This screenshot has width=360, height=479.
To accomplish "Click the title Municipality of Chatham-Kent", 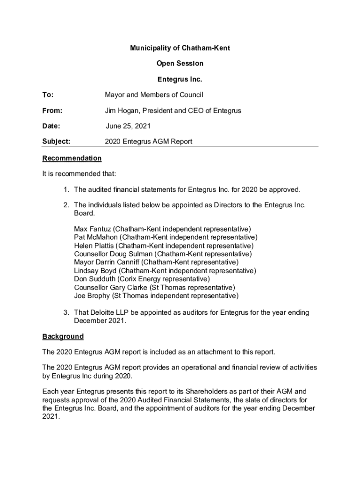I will tap(180, 48).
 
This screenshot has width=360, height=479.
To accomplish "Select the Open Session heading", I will tap(180, 64).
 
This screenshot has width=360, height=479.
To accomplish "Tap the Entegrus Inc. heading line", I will tap(180, 80).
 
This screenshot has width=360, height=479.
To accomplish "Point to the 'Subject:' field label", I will tap(56, 141).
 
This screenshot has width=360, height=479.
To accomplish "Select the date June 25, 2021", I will tap(128, 126).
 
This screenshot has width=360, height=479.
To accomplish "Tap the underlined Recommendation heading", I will tap(72, 158).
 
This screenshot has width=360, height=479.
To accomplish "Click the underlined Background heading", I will tap(63, 336).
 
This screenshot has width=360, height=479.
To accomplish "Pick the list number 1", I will tap(67, 190).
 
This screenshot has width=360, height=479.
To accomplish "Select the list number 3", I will tap(67, 312).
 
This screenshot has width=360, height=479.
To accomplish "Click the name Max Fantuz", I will tap(93, 229).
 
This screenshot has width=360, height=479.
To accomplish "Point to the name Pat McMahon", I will tap(96, 237).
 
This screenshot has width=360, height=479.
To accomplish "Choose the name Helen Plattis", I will tap(94, 246).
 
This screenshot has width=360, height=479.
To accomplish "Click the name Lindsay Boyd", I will tap(95, 271).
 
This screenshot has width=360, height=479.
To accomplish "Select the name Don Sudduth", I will tap(93, 279).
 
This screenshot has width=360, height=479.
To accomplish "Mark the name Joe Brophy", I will tap(92, 296).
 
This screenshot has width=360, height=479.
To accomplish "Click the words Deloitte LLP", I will tap(110, 312).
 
